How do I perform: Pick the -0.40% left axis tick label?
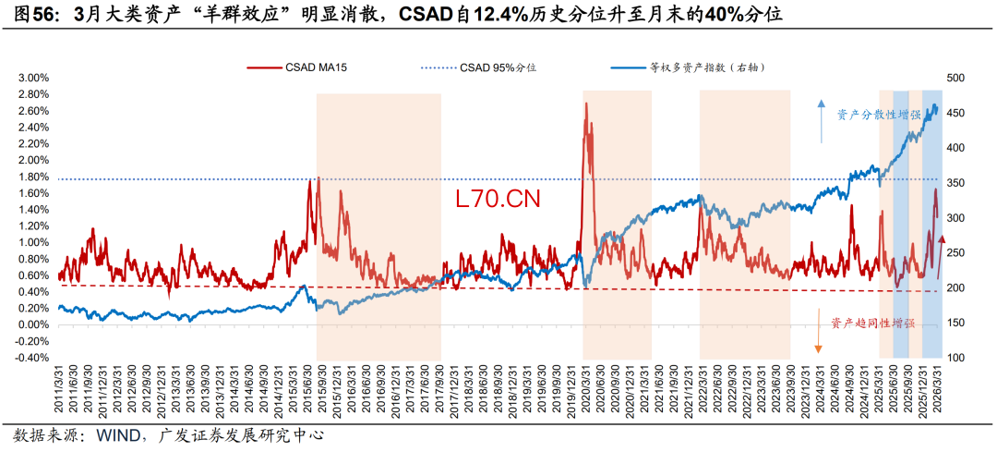(30, 358)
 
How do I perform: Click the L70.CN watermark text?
(498, 198)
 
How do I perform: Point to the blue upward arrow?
(822, 120)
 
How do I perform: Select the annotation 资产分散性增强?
(878, 115)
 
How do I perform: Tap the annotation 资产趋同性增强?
(872, 323)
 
